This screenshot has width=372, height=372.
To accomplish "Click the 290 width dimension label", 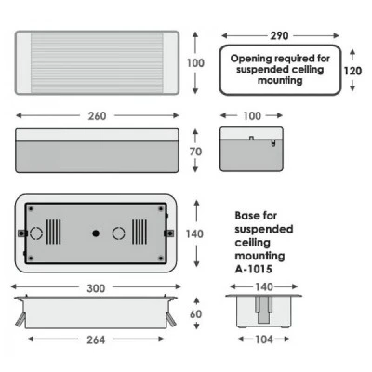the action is pos(279,36).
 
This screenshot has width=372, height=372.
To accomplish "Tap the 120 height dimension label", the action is pos(352,71).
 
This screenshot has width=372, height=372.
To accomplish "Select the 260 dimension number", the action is pos(97,116).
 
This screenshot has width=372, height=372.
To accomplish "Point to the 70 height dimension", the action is pos(195,152).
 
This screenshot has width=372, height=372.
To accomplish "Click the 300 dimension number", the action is pos(96,288).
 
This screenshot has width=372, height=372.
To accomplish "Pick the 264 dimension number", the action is pos(96,339).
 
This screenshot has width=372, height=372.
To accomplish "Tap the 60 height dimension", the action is pos(195,314).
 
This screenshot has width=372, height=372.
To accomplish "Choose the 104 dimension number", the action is pos(264,339).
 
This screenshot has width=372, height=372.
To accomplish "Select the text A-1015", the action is pos(253,269).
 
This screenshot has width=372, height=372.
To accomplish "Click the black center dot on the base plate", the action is pos(96,233).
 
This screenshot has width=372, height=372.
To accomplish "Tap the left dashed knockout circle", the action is pos(36,233).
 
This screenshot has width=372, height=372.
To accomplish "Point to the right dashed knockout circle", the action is pos(118,233).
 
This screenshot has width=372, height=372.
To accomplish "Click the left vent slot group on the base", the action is pos(54,232).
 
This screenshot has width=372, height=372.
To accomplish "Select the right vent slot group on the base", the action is pos(139,232).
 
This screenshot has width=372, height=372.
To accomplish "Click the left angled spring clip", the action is pos(20,319).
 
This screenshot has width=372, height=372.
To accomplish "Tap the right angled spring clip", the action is pos(171,319).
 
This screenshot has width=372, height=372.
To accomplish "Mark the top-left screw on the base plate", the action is pos(31,209).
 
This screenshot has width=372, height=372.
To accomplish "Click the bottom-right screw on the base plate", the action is pos(161,258).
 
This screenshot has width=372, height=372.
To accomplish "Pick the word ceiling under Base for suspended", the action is pos(252,243).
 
